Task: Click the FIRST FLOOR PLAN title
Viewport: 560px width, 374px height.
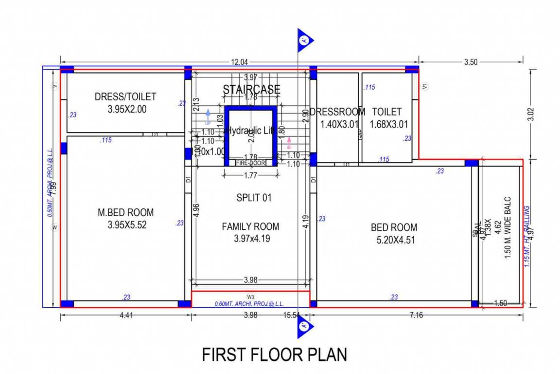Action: click(x=275, y=354)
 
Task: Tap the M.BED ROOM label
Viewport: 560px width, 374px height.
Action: click(x=125, y=212)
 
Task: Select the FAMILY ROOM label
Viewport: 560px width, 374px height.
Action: click(x=250, y=226)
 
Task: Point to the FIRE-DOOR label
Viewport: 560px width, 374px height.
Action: click(x=251, y=163)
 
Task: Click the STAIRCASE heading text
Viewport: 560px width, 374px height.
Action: click(x=251, y=89)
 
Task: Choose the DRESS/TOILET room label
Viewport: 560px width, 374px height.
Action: click(x=125, y=97)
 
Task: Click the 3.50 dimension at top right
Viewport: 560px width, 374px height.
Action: click(x=471, y=62)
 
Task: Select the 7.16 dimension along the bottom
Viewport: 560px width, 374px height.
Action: click(x=416, y=316)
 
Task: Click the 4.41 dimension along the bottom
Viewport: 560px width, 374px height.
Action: click(x=126, y=316)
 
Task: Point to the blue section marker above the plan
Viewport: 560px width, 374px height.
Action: click(x=305, y=40)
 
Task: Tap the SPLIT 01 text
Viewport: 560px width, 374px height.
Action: click(x=254, y=198)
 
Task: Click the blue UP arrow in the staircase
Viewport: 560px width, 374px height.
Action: click(x=208, y=116)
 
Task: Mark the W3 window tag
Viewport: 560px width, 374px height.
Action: click(x=251, y=297)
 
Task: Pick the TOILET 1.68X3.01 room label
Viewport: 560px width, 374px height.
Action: click(x=387, y=112)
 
